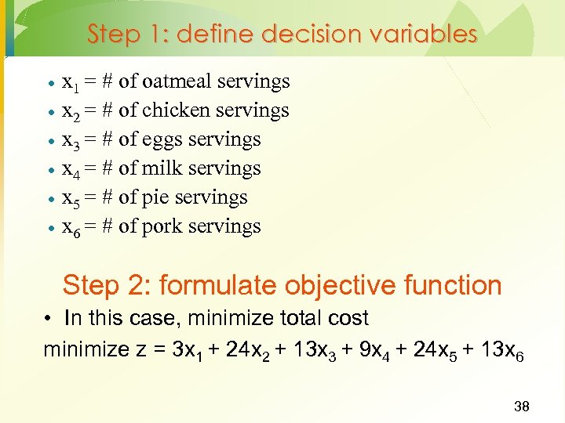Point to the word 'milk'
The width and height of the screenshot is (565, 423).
[159, 168]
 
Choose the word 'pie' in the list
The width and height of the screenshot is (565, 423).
[156, 198]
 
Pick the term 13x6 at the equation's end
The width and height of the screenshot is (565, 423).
[499, 349]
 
